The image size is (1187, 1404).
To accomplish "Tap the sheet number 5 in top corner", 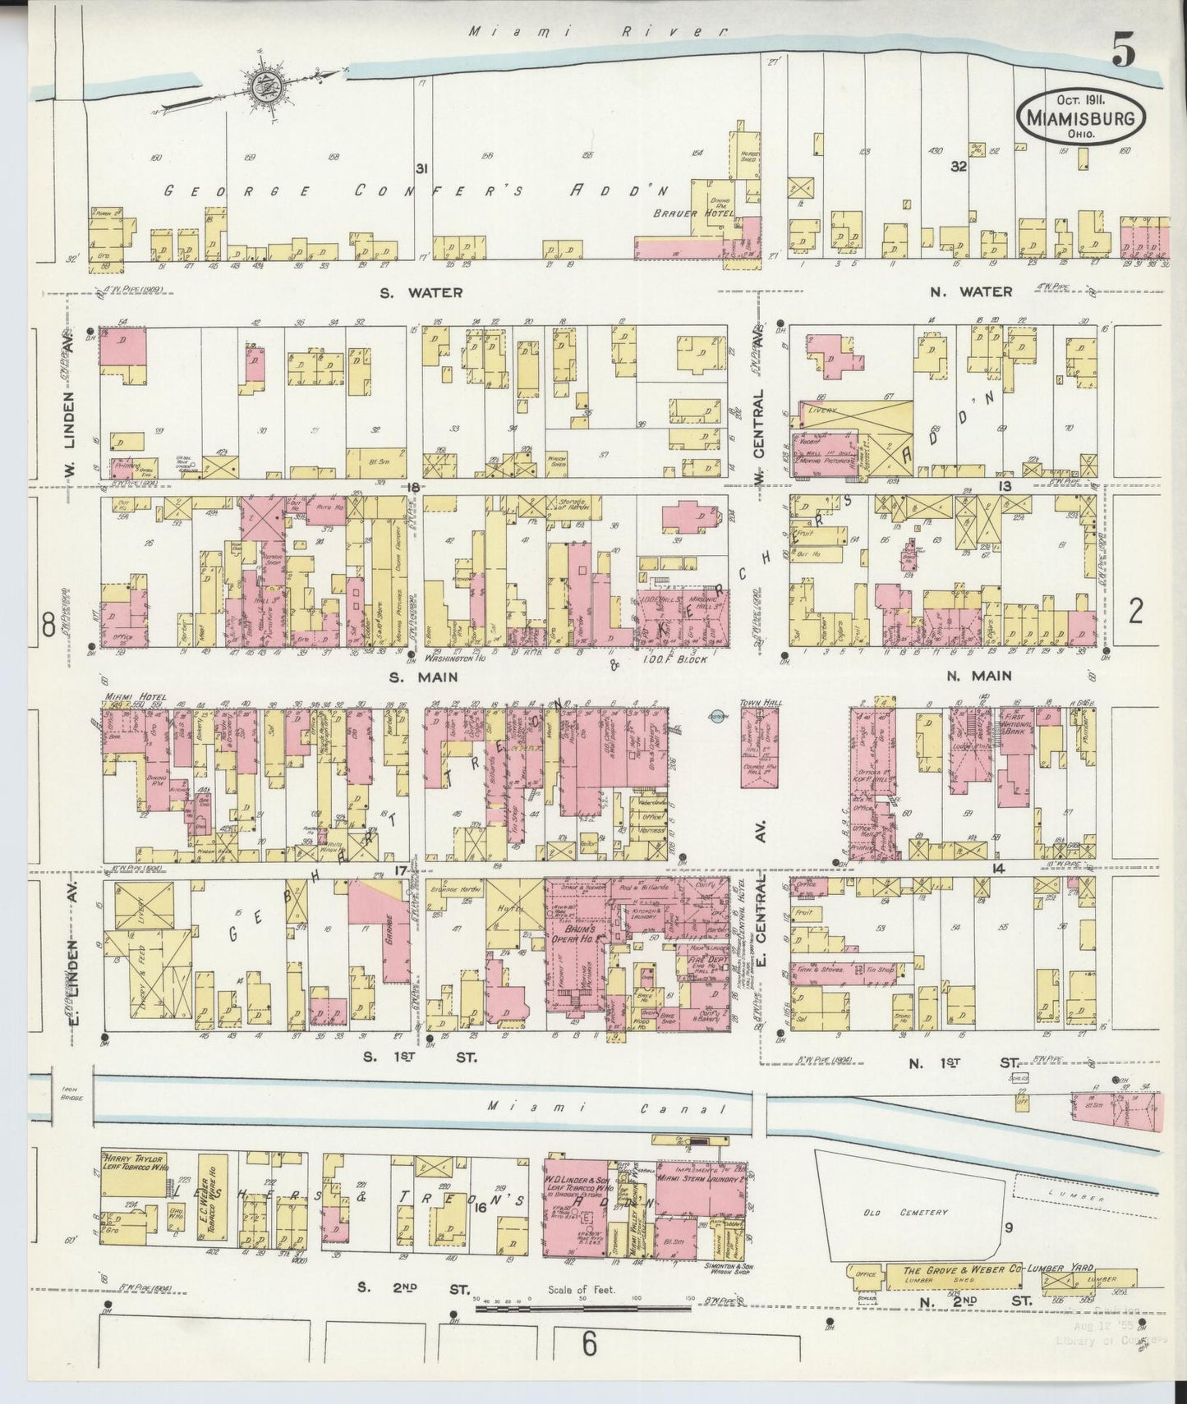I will tap(1123, 53).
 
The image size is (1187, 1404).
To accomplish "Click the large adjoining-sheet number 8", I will tap(48, 626).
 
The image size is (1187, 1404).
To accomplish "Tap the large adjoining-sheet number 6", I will tap(588, 1344).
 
